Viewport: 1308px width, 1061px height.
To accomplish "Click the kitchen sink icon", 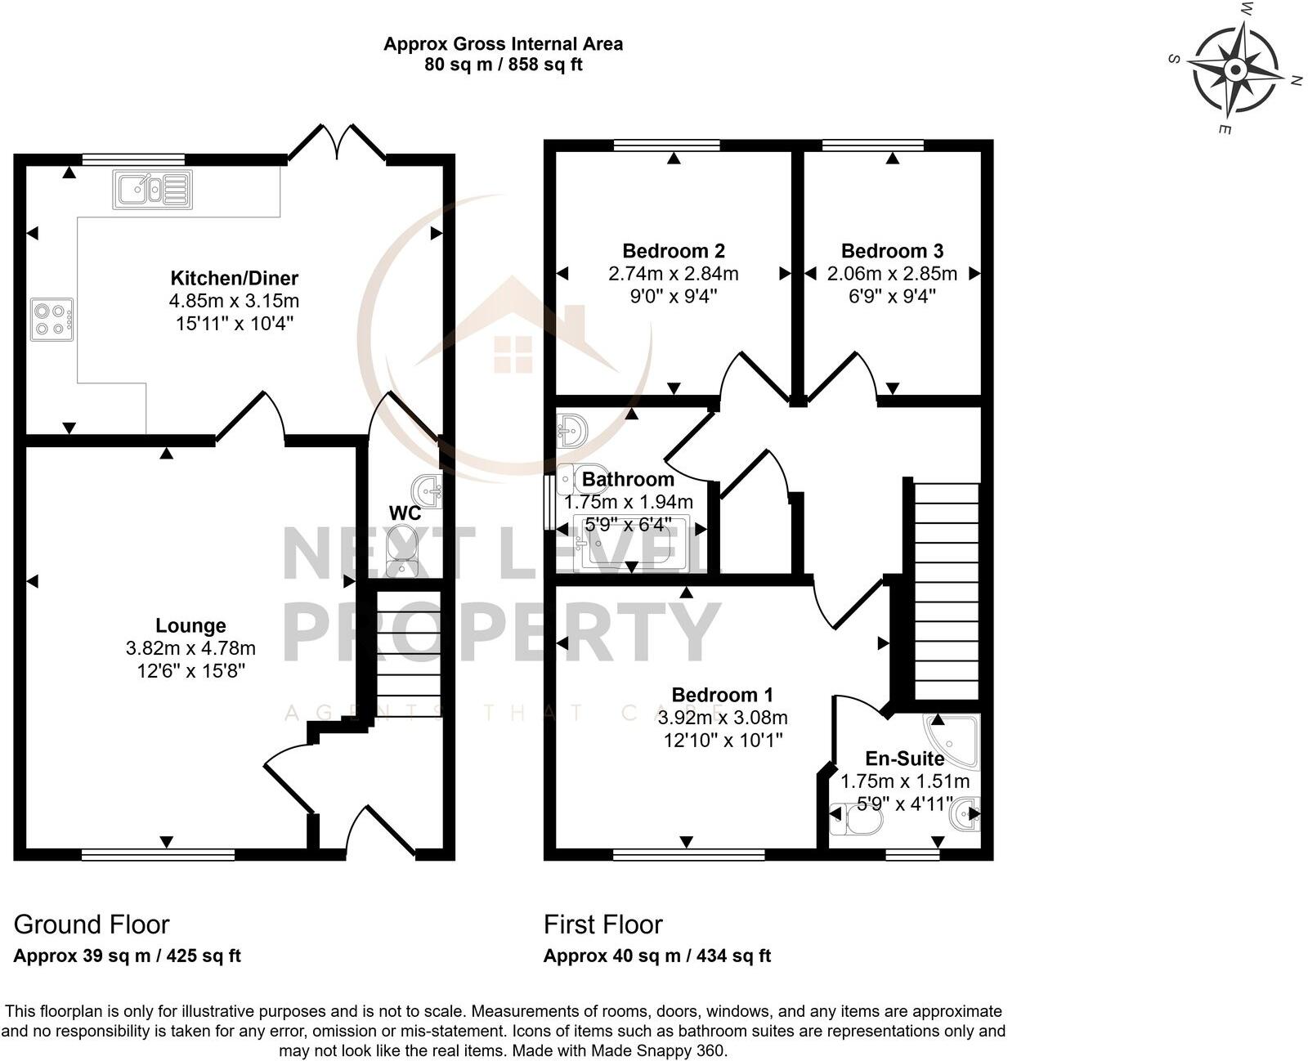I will coord(153,190).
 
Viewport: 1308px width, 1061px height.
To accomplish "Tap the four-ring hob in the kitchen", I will coord(52,320).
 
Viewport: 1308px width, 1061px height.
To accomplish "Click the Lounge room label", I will coord(190,626).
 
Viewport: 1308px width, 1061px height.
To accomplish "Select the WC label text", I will coord(405,513).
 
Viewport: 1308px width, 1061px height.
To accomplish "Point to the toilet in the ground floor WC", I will coord(401,551).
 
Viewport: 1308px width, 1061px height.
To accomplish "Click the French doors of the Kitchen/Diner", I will coord(337,143).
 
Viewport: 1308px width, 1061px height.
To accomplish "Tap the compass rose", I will coord(1235,72).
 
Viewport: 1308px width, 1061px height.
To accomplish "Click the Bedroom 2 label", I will coord(674,251).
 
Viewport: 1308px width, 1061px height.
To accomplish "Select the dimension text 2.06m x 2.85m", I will coord(892,274).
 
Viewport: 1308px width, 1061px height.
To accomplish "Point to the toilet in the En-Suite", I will coord(853,817).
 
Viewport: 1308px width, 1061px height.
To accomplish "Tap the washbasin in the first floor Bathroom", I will coord(571,430).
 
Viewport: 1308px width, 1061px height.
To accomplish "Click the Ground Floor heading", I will coord(92,924).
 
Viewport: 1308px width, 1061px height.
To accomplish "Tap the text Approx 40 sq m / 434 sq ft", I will coord(656,956).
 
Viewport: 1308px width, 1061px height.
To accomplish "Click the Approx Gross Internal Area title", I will coord(503,44).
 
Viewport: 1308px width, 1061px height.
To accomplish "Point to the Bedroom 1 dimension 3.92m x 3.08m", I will coord(722,718).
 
